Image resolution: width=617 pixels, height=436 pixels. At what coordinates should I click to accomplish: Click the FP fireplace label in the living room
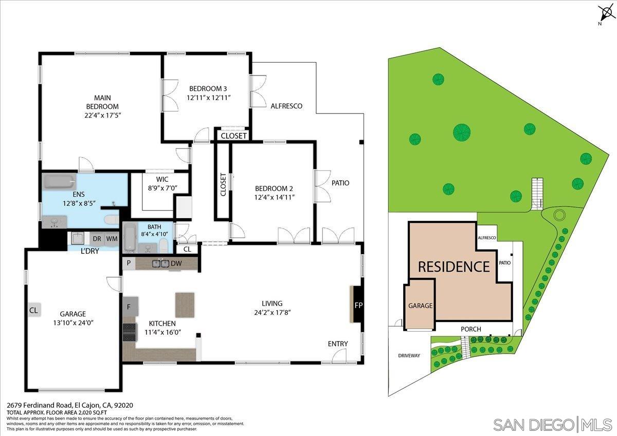point(358,305)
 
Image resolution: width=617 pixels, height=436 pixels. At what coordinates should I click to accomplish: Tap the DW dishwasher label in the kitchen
point(176,263)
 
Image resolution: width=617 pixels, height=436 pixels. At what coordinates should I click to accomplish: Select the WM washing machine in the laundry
point(112,239)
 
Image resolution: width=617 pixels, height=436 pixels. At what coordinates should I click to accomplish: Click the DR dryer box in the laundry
point(97,239)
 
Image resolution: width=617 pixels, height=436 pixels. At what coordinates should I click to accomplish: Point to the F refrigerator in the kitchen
point(130,307)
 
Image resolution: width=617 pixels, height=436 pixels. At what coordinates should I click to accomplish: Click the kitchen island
point(185,305)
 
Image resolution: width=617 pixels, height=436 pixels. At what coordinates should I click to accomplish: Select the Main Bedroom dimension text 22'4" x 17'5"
point(102,115)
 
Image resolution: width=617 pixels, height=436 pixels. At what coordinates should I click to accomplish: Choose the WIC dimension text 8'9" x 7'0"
point(162,188)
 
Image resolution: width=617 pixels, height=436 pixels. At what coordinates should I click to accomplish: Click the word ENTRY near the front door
point(337,344)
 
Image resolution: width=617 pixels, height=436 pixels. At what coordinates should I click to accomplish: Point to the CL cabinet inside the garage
point(34,310)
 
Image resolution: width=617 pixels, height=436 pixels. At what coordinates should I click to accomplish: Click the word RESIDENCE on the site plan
point(453,267)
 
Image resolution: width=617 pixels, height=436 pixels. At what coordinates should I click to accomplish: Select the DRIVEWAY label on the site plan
point(409,355)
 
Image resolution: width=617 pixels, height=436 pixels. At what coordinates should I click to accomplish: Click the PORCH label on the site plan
point(470,329)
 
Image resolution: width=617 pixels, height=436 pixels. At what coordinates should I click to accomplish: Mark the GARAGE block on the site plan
point(420,306)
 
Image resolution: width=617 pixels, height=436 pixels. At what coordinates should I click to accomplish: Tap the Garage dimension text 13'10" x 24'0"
point(72,323)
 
